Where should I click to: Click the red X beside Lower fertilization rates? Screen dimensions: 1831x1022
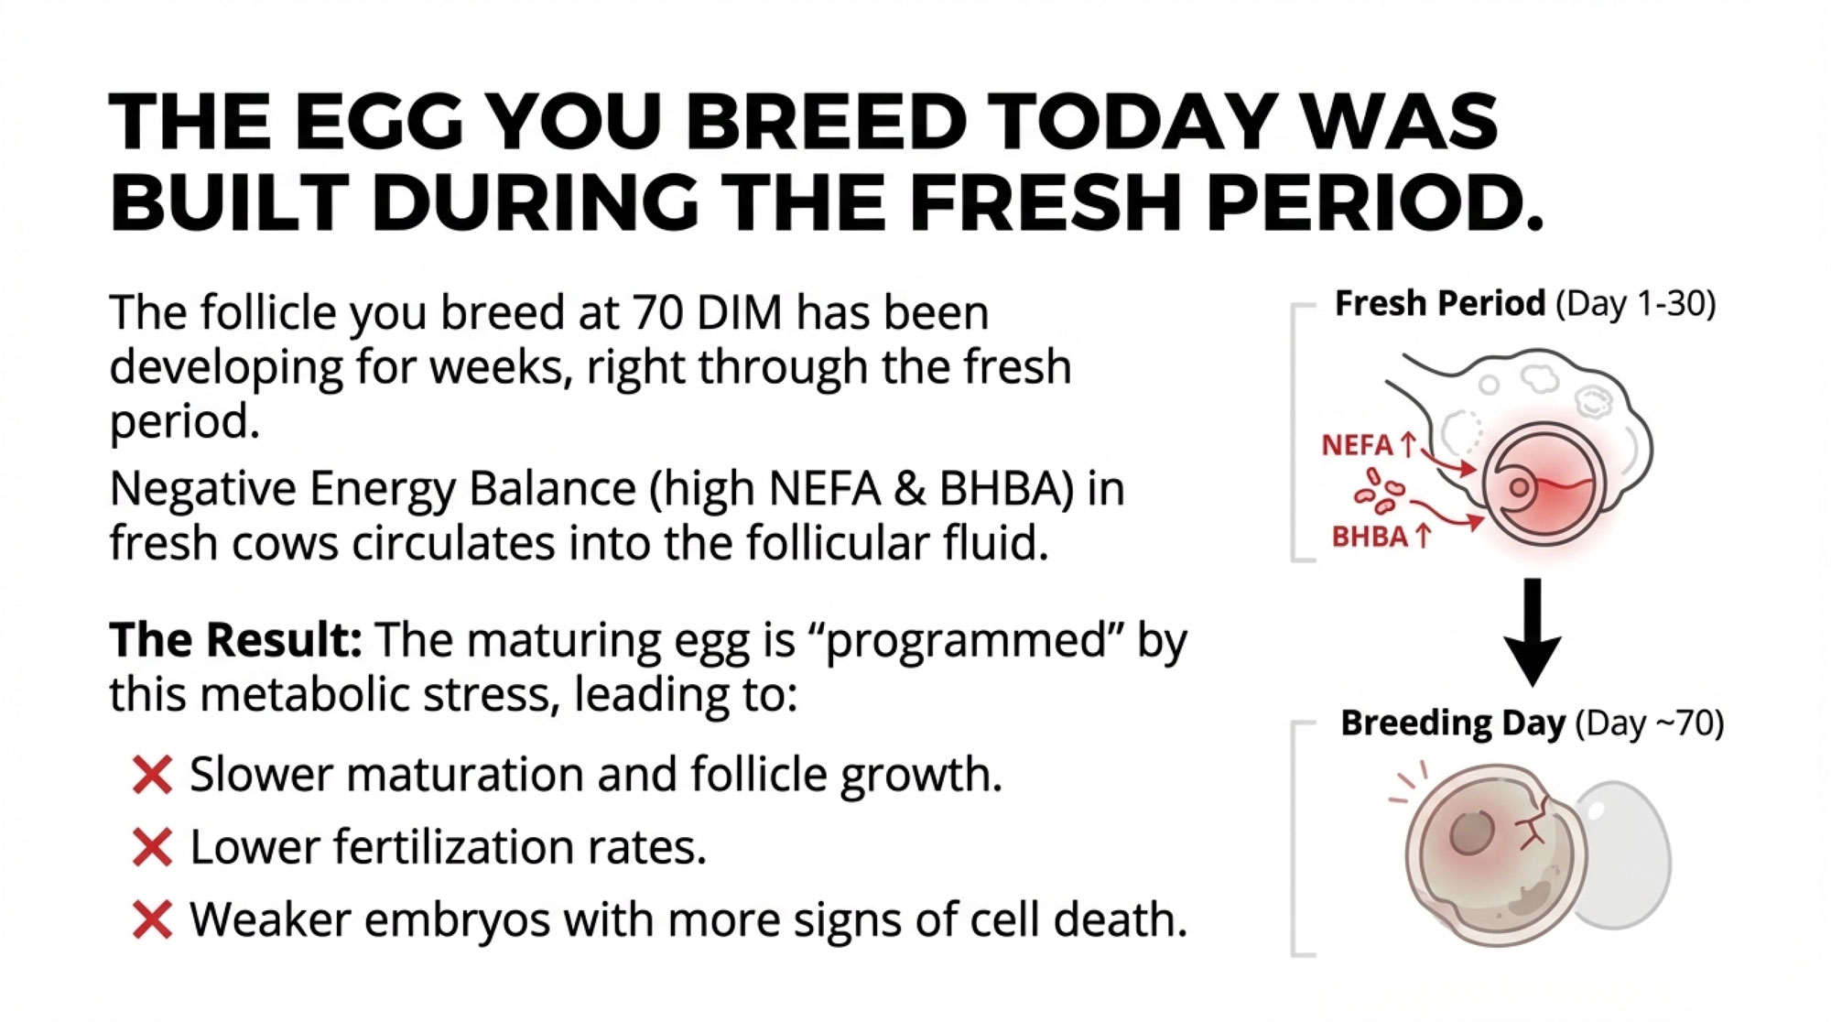click(152, 847)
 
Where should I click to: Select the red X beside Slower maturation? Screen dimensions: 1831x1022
click(152, 775)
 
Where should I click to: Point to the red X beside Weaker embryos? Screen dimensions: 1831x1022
click(152, 919)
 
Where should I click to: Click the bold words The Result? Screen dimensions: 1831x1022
click(236, 639)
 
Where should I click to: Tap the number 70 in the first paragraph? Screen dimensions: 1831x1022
click(656, 313)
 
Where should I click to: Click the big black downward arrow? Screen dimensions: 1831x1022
click(1533, 632)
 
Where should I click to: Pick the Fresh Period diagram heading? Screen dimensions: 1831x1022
click(1525, 303)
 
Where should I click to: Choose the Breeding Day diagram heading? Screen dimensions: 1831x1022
click(1532, 723)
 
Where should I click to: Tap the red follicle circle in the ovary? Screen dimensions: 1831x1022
click(1544, 483)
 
